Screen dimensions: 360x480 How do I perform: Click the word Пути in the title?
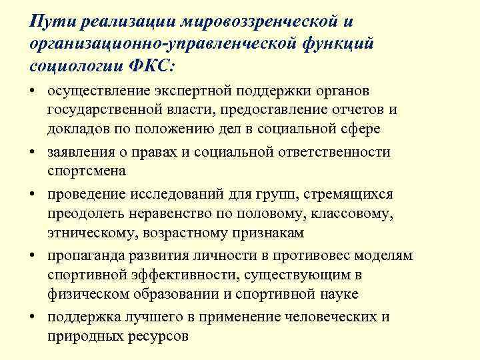51,22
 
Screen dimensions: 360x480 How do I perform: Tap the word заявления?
79,152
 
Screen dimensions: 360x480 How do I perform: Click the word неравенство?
187,214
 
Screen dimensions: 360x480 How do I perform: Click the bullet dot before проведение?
33,194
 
